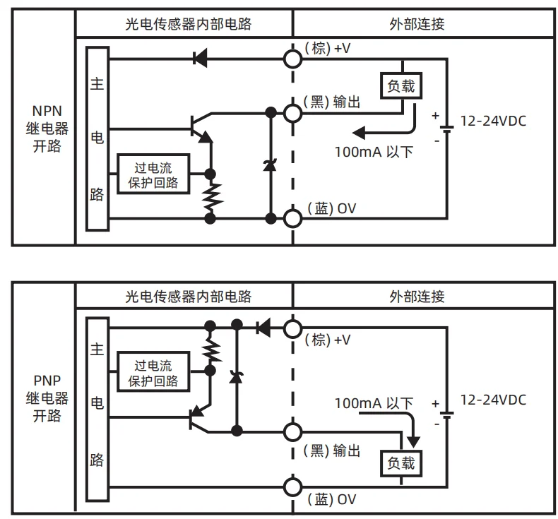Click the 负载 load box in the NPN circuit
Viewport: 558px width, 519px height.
click(401, 86)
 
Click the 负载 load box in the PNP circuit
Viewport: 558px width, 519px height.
click(401, 463)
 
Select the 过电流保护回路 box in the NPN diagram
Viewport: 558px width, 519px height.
click(153, 174)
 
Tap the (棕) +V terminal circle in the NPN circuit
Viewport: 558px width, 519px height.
click(293, 57)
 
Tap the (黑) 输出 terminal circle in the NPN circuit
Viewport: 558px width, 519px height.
click(293, 112)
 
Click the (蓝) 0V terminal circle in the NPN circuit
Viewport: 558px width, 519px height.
click(293, 218)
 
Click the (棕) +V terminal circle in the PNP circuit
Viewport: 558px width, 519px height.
click(293, 328)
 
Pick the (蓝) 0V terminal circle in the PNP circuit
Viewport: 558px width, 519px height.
click(293, 487)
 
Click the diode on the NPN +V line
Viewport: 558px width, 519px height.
click(200, 57)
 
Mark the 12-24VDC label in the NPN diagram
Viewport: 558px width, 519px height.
click(493, 121)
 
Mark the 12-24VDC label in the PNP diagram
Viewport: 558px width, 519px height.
click(493, 400)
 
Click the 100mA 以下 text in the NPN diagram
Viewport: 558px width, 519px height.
click(374, 152)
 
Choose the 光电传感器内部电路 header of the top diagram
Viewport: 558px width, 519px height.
click(184, 24)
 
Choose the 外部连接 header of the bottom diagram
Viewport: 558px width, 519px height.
click(417, 297)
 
